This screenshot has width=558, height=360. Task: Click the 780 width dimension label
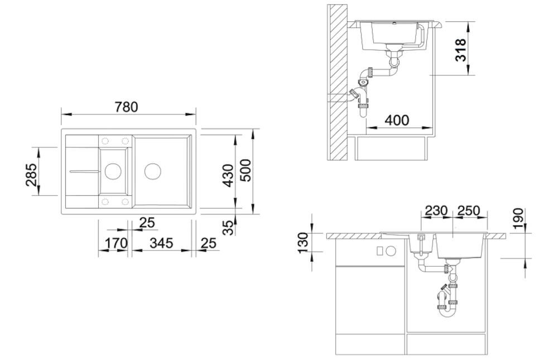click(x=126, y=107)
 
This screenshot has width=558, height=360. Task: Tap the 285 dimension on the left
click(x=31, y=175)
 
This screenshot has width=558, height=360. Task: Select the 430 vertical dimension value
click(x=228, y=175)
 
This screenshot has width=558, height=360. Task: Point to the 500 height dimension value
click(x=246, y=170)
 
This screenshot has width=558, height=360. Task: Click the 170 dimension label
click(x=116, y=243)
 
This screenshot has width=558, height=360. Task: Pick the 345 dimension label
click(x=161, y=243)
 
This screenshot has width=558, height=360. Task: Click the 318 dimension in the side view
click(x=460, y=50)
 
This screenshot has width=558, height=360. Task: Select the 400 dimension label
click(x=397, y=121)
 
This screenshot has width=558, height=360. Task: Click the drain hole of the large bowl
click(x=153, y=171)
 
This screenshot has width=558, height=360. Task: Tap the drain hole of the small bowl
click(x=113, y=171)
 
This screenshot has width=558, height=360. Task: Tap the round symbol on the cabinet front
click(x=391, y=251)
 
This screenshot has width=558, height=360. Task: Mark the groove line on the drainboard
click(x=84, y=171)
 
